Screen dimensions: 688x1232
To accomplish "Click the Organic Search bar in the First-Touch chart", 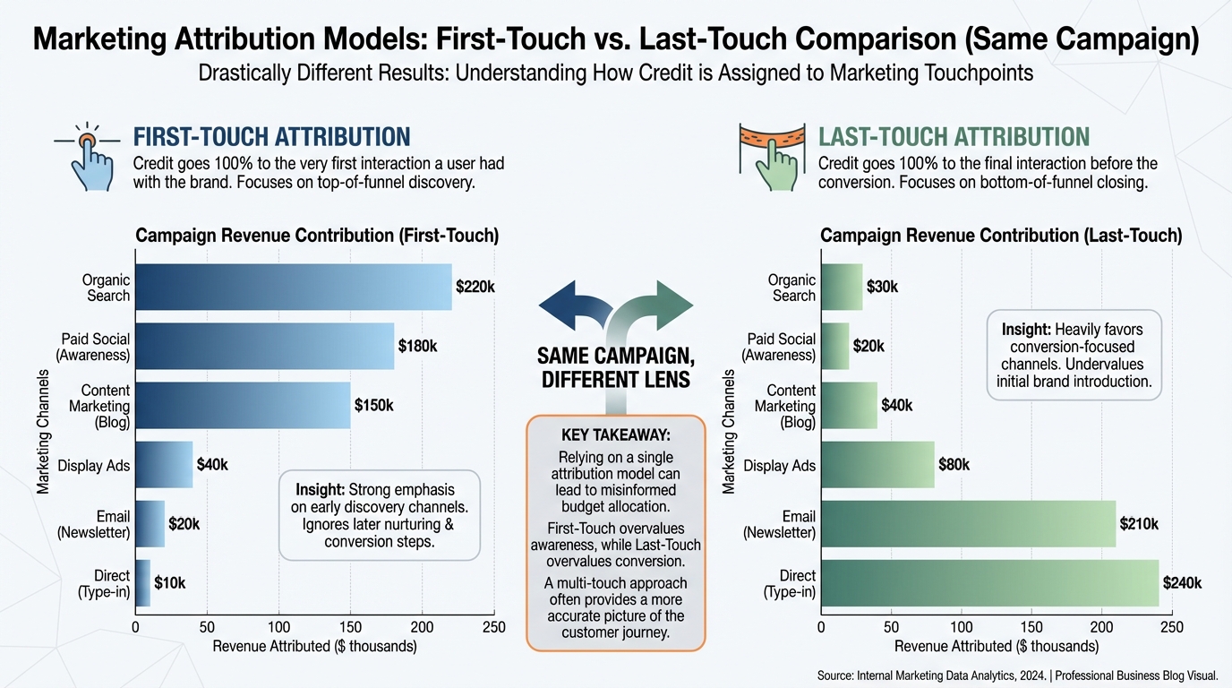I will pyautogui.click(x=293, y=287).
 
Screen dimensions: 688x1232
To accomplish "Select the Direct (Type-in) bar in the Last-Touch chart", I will pyautogui.click(x=989, y=582).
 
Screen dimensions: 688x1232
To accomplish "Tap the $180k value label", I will pyautogui.click(x=418, y=346).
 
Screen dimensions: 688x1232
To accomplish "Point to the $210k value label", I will pyautogui.click(x=1139, y=524).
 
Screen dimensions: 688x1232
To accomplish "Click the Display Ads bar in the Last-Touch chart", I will pyautogui.click(x=877, y=465).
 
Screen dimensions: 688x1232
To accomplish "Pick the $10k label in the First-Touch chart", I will pyautogui.click(x=170, y=583).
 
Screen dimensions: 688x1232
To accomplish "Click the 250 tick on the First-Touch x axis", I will pyautogui.click(x=493, y=627).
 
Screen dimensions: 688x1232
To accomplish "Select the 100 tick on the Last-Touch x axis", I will pyautogui.click(x=961, y=627).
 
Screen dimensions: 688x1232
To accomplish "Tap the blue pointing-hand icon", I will pyautogui.click(x=90, y=158).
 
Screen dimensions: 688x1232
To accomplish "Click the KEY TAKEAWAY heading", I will pyautogui.click(x=616, y=435).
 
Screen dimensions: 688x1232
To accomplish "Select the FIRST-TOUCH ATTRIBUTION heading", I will pyautogui.click(x=271, y=137).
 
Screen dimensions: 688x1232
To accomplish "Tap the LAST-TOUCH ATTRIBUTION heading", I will pyautogui.click(x=954, y=137).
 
